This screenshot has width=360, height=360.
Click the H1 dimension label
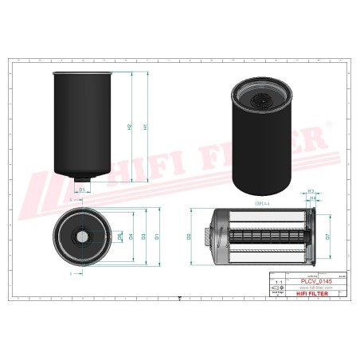144,127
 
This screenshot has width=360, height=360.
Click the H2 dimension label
130,127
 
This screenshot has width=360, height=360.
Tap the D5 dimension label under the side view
82,190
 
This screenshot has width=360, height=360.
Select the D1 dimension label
157,237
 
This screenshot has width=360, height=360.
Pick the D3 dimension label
143,237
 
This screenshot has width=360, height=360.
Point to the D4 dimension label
131,237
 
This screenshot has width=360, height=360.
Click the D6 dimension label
119,237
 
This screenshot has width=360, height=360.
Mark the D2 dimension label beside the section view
189,237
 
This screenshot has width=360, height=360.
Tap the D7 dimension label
327,237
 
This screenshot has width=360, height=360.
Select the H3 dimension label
311,192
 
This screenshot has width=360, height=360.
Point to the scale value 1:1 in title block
277,282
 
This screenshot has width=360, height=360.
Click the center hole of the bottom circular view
83,237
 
